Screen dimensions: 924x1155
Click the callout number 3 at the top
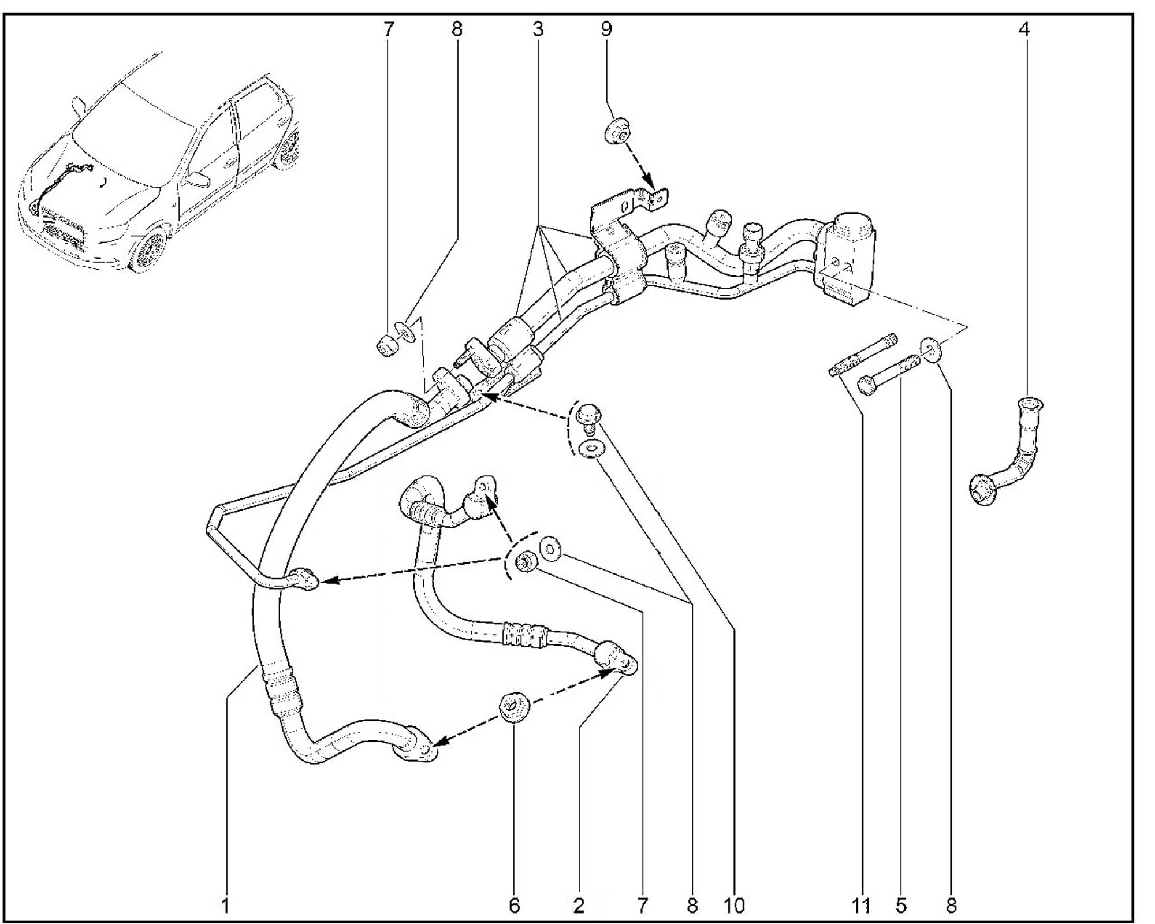(x=538, y=29)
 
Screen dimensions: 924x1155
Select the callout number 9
(x=606, y=29)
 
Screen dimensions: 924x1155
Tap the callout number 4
(x=1024, y=29)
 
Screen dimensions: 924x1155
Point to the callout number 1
(x=226, y=905)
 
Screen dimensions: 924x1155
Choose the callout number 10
(x=734, y=905)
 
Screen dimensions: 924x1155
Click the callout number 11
(x=861, y=905)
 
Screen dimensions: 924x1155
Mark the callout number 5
(x=901, y=905)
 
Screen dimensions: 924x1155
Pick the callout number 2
(x=579, y=905)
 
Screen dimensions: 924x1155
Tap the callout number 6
(x=515, y=905)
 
